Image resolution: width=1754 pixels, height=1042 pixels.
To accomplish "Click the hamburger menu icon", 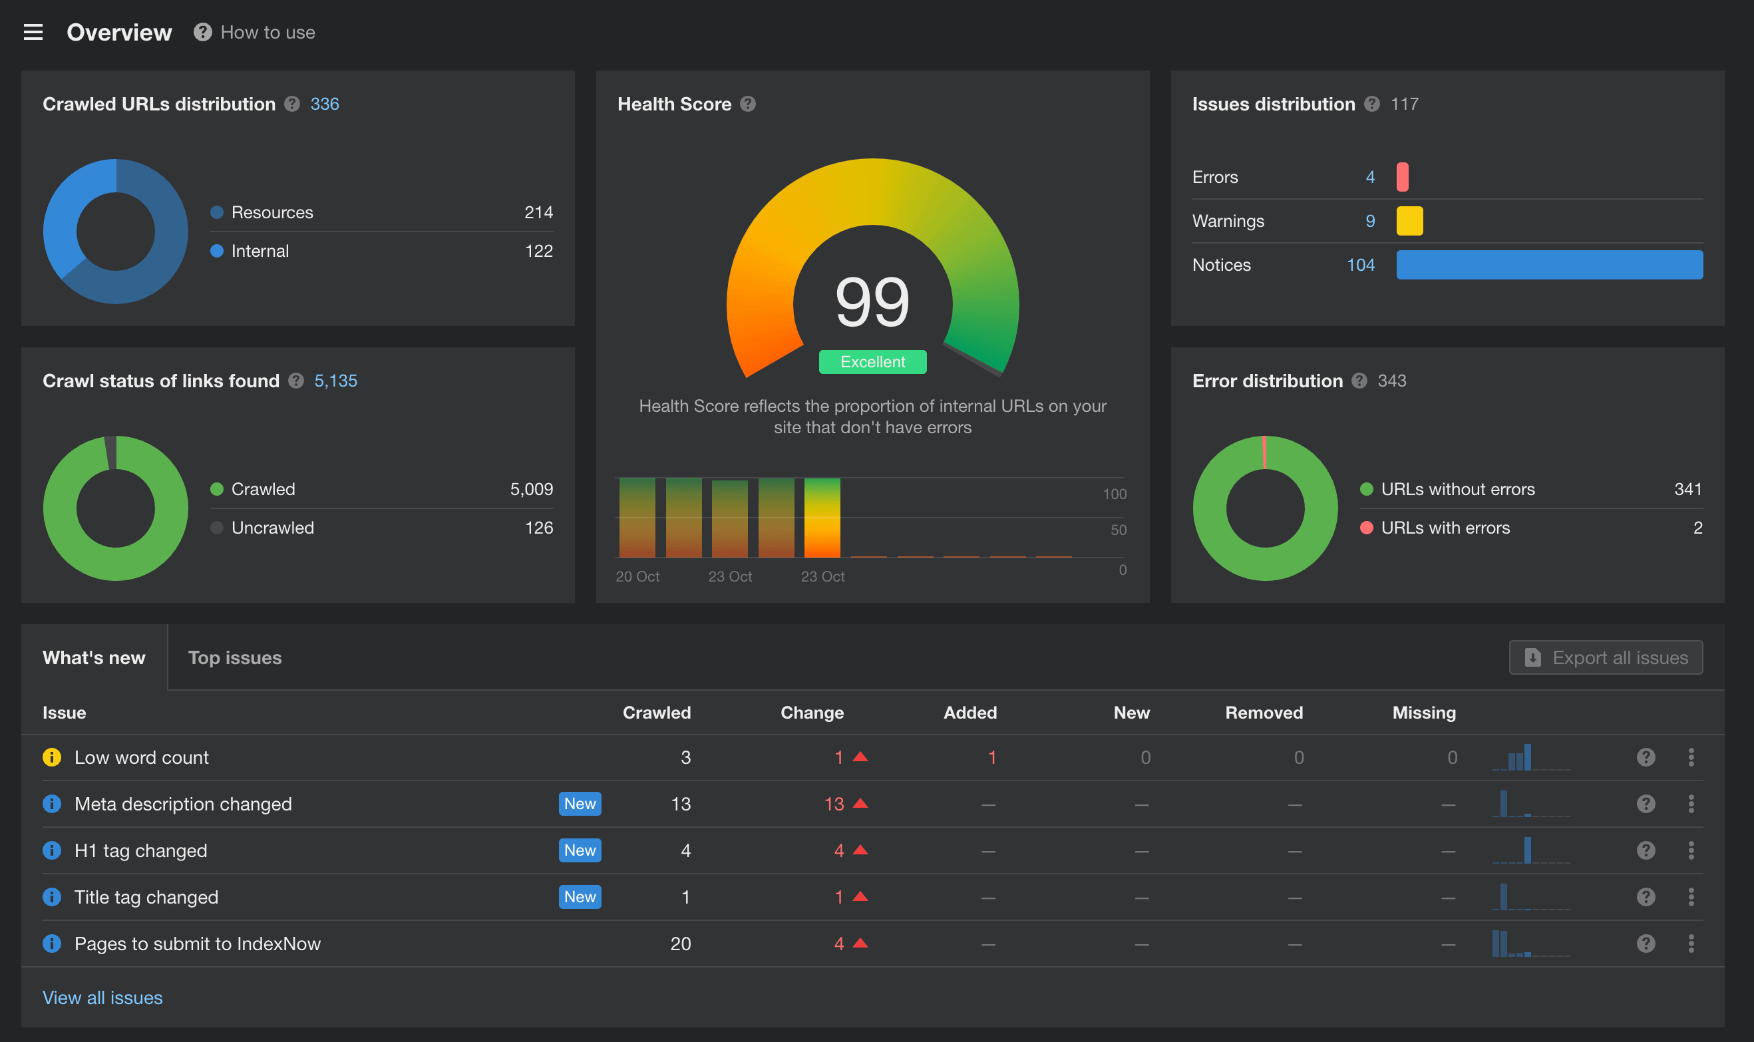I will [x=33, y=33].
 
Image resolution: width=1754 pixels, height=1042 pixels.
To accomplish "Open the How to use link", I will [x=267, y=33].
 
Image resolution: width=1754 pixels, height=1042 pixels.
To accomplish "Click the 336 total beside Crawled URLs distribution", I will [x=325, y=104].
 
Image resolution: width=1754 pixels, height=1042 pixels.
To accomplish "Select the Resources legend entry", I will [x=271, y=212].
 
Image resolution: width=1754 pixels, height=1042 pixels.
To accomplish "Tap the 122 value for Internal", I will [x=538, y=251].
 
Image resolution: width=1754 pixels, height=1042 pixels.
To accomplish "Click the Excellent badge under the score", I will [x=872, y=361].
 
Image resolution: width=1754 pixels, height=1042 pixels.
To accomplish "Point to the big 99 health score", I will [x=872, y=302].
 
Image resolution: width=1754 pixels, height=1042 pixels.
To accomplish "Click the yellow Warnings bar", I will [x=1409, y=221].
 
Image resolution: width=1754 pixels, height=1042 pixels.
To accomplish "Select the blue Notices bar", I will [x=1549, y=265].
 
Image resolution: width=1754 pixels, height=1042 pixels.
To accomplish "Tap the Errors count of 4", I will [x=1370, y=177].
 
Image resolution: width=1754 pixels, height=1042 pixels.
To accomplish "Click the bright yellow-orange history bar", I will [x=822, y=518].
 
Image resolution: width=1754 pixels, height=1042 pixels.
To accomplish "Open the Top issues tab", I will [x=234, y=657].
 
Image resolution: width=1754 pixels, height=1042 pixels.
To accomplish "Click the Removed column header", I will [x=1263, y=712].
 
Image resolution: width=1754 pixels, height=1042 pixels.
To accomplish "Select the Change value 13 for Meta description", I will [x=834, y=804].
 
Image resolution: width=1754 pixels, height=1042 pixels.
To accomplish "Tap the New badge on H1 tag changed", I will [x=580, y=850].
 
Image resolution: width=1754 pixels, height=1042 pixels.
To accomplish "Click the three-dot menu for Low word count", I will [x=1691, y=757].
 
